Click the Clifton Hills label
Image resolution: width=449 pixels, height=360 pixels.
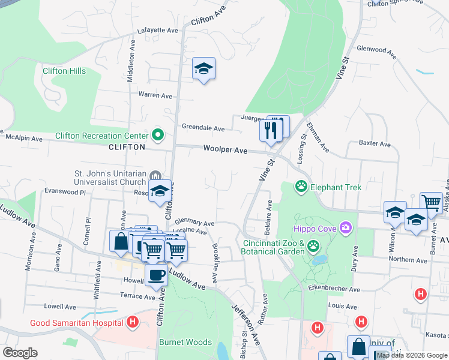pos(64,71)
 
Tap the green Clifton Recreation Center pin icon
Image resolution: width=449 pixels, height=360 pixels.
pos(158,135)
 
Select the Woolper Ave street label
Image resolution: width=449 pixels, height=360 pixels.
pos(225,149)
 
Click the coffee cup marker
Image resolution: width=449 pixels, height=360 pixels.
pos(157,275)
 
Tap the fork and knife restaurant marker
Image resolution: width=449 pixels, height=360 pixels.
pos(271,129)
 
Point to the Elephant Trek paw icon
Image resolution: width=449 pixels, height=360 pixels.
pos(301,187)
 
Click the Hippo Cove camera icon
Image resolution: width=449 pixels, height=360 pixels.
pos(345,227)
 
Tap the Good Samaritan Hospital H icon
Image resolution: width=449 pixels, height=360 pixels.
pos(133,323)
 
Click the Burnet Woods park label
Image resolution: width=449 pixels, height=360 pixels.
pos(185,342)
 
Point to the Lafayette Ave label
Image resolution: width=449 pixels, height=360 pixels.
pos(157,30)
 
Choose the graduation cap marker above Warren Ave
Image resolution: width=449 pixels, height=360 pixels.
pos(203,69)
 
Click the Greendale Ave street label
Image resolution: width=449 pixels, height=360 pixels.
pos(203,128)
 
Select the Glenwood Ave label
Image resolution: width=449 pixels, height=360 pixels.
pos(377,52)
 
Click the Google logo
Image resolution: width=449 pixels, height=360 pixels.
pos(20,352)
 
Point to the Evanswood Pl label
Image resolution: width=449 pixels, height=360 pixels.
pos(65,191)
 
